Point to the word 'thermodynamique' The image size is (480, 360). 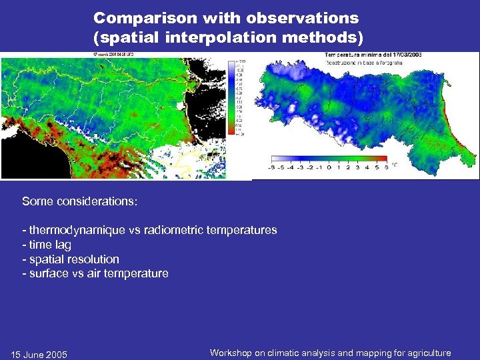73,230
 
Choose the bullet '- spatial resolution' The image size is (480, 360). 71,259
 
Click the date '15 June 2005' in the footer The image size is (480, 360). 39,354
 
